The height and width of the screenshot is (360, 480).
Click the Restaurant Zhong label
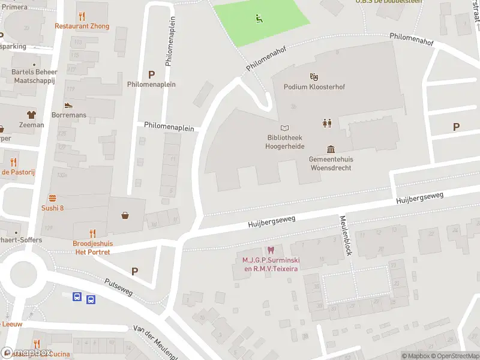(x=82, y=26)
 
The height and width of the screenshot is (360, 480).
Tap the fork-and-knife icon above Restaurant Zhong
(x=82, y=16)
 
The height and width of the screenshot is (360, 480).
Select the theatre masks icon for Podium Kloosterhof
(x=313, y=77)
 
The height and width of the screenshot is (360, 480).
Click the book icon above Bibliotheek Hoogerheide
(x=285, y=128)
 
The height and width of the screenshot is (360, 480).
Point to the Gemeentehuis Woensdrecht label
(x=331, y=163)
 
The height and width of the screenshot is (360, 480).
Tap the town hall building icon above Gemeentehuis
(x=331, y=149)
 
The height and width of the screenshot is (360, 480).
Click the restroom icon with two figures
(x=327, y=123)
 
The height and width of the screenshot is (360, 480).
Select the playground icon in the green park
(x=260, y=18)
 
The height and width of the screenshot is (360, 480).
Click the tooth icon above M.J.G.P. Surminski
(x=271, y=250)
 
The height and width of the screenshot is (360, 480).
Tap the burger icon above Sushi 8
(x=52, y=198)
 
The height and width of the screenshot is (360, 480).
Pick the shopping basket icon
(x=125, y=215)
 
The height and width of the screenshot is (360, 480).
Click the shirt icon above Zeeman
(x=31, y=115)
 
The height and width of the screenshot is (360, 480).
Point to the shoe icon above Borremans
(x=69, y=104)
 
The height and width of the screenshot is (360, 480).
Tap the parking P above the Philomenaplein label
(x=152, y=74)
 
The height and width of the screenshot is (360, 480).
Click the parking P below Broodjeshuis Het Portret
(x=135, y=271)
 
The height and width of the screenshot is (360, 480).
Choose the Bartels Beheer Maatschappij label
(x=34, y=76)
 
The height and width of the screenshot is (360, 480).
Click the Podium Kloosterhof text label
(x=314, y=87)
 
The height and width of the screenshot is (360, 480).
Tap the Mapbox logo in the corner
(x=26, y=353)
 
